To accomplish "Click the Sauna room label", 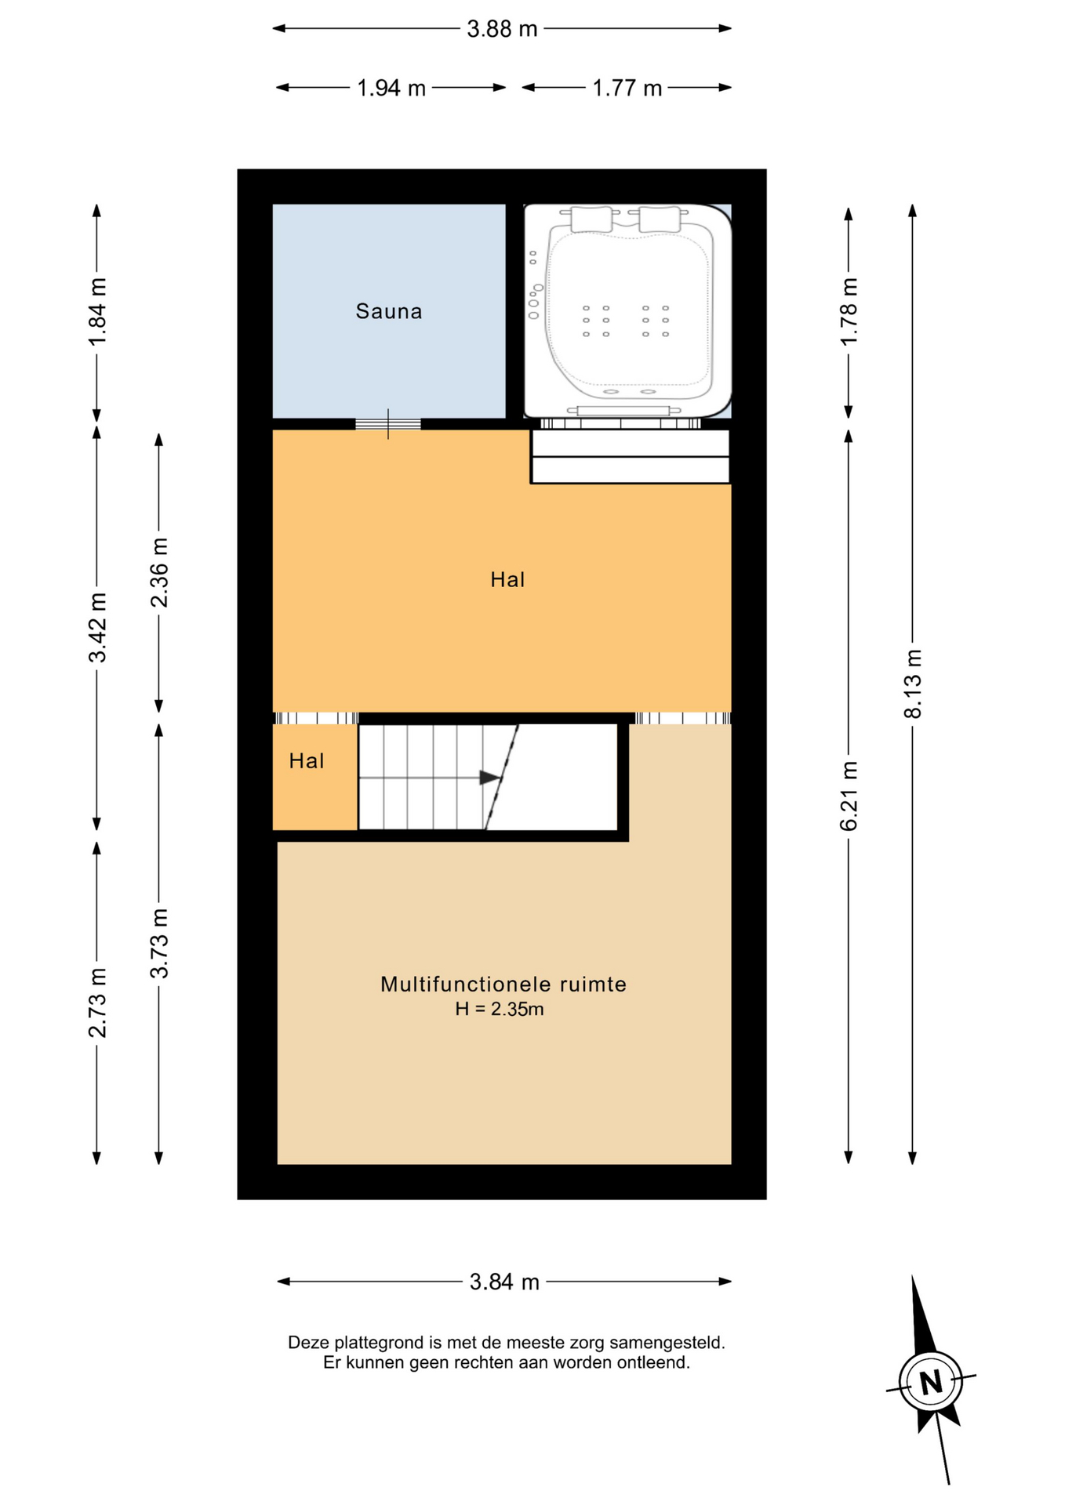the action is pos(389,311).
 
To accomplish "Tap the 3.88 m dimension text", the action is pos(502,29).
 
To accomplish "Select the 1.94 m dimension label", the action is pos(391,88).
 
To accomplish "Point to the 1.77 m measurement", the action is pos(627,88).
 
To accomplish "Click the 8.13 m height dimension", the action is pos(913,684).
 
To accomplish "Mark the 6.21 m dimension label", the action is pos(849,796).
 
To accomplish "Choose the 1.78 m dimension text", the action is pos(849,311).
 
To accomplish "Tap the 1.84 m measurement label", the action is pos(97,311).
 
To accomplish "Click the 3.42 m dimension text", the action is pos(97,628).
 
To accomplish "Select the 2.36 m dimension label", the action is pos(159,573).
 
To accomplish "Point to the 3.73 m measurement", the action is pos(159,943).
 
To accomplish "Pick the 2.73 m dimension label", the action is pos(97,1003).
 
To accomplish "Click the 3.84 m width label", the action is pos(504,1282).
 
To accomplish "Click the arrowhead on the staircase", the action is pos(489,778).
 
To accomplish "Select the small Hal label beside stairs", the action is pos(307,760).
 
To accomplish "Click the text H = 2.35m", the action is pos(500,1009).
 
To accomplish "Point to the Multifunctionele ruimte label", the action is pos(503,985).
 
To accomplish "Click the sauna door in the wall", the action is pos(388,424).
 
